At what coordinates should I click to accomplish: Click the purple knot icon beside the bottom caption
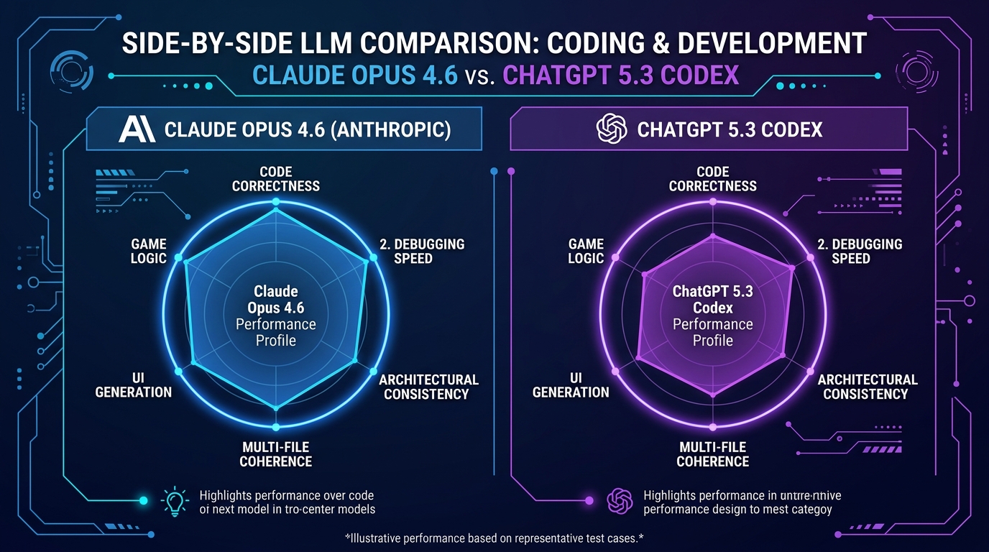[619, 501]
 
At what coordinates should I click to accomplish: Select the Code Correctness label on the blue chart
[275, 178]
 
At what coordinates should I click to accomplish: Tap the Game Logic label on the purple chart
[586, 251]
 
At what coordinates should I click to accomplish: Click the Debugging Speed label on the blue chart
[422, 251]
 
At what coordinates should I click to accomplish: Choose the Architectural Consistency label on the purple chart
[867, 387]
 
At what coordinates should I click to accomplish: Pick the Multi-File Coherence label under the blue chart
[275, 454]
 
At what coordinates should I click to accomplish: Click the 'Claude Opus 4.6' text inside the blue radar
[276, 300]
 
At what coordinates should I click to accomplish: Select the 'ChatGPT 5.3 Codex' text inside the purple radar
[712, 300]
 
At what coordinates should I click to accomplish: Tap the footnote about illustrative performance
[494, 538]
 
